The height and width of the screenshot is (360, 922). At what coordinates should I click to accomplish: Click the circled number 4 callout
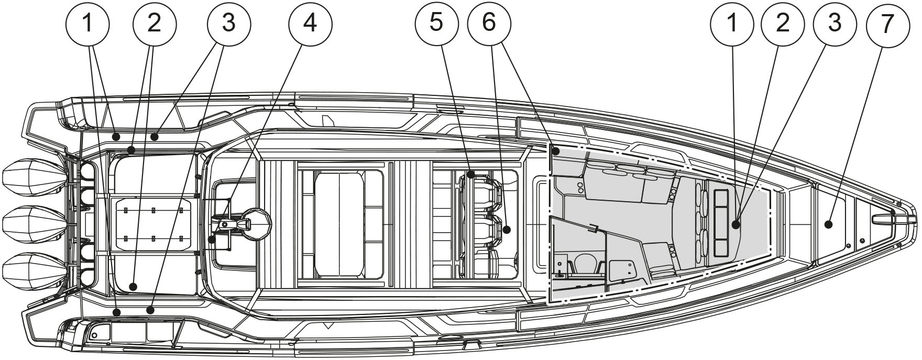tap(310, 23)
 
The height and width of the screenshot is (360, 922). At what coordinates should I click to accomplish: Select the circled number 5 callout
tap(436, 23)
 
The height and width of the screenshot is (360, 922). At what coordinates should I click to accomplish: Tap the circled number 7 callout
tap(886, 23)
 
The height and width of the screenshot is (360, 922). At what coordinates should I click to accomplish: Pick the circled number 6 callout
tap(489, 23)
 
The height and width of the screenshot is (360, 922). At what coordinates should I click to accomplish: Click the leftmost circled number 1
tap(87, 23)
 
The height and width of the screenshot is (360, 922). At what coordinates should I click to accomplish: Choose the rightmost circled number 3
tap(835, 23)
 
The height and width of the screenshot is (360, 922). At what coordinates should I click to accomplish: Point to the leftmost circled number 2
tap(155, 23)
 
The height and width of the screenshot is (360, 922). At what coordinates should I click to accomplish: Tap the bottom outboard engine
tap(31, 268)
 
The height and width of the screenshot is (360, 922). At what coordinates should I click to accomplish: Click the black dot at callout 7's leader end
tap(828, 225)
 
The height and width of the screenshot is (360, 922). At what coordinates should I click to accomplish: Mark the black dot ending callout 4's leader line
tap(212, 239)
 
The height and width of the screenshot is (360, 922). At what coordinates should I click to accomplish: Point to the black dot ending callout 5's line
tap(471, 174)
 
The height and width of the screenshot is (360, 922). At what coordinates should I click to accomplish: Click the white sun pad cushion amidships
tap(339, 223)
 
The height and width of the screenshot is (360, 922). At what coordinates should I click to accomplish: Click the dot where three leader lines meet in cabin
tap(736, 225)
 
